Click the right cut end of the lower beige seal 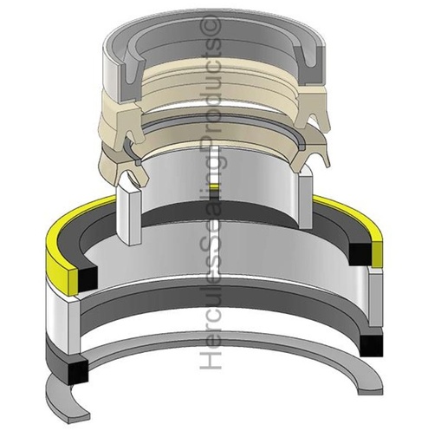[308, 158]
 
